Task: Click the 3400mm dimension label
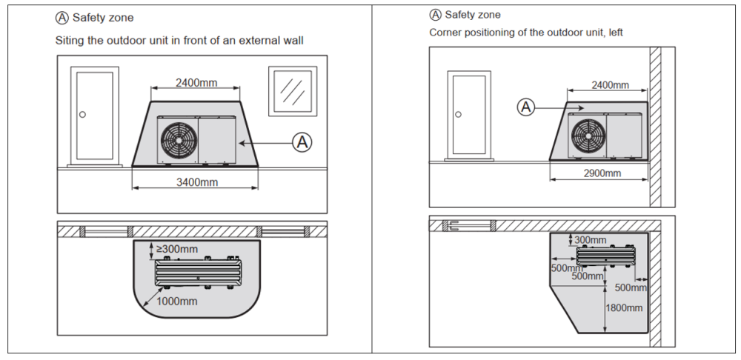coord(196,181)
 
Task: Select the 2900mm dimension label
coord(602,173)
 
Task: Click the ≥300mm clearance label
coord(176,249)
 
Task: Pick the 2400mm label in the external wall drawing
coord(196,83)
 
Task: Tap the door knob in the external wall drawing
coord(83,114)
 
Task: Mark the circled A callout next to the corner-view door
coord(526,107)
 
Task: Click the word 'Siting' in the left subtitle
coord(70,40)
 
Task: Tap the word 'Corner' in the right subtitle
coord(445,33)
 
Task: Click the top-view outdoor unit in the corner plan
coord(606,256)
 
